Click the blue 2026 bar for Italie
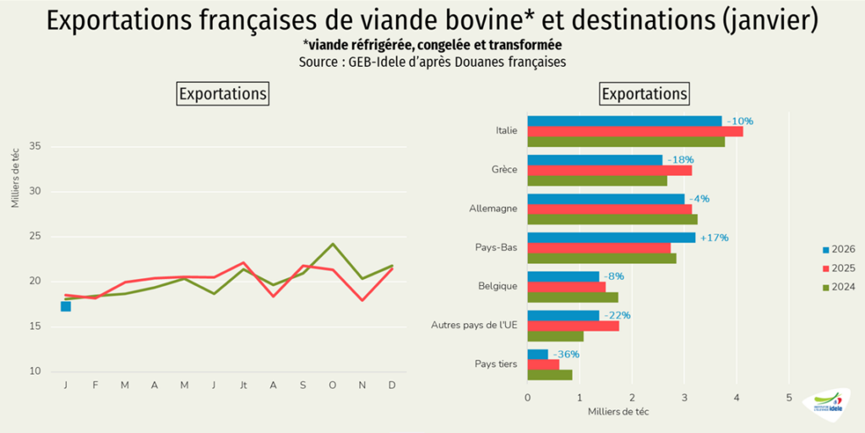624,121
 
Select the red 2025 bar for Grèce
609,170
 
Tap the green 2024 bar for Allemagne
612,219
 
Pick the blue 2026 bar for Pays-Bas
611,238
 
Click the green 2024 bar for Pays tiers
549,375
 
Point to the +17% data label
713,238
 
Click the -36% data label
565,354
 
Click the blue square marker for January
65,306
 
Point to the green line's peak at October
333,244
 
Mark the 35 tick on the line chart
35,146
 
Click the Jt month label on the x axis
242,386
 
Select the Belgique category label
498,286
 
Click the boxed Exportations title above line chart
223,93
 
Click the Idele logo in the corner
827,403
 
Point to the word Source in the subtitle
318,63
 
